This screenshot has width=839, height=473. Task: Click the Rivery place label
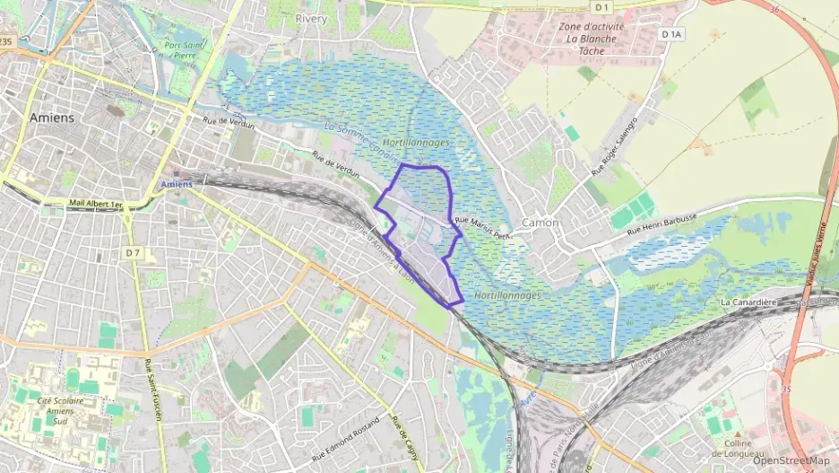(x=311, y=18)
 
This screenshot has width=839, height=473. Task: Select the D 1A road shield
(x=671, y=34)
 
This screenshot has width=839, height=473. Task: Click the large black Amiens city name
(x=52, y=118)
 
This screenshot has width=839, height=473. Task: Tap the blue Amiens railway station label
(x=177, y=184)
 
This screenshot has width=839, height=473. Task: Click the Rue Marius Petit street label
(x=481, y=226)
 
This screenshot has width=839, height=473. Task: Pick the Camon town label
(x=540, y=223)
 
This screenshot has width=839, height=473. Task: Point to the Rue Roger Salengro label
(x=614, y=146)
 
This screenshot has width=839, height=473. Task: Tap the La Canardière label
(x=748, y=302)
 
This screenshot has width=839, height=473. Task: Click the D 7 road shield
(x=134, y=253)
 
